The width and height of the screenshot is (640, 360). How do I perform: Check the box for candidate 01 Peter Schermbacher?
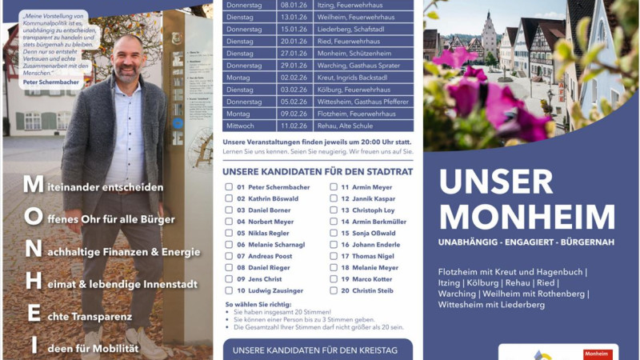[x=230, y=187]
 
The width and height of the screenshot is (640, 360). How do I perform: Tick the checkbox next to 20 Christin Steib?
[x=334, y=291]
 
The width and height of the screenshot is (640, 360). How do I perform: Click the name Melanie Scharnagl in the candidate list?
[x=277, y=245]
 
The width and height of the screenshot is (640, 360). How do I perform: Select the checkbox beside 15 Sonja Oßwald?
[x=334, y=234]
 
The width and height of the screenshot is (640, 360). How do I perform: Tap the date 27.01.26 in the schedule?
[x=293, y=53]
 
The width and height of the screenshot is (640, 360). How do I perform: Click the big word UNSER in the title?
[x=496, y=182]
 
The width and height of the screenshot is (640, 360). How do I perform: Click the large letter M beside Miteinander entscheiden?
[x=33, y=186]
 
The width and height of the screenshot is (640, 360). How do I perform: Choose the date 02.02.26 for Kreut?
[x=293, y=78]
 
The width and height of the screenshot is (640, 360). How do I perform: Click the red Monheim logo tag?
[x=598, y=354]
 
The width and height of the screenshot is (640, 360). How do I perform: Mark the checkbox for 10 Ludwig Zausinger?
[x=230, y=291]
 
